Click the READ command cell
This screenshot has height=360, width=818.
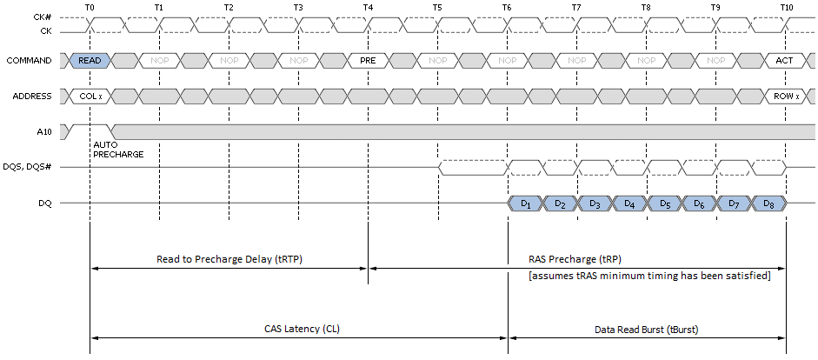(90, 61)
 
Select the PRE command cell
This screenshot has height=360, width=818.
(368, 61)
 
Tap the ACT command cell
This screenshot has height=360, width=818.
(785, 61)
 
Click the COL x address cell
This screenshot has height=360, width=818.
(90, 96)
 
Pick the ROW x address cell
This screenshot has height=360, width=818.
(785, 96)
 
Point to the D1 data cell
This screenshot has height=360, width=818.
(525, 203)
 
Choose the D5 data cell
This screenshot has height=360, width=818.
(664, 203)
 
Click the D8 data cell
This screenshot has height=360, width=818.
(768, 203)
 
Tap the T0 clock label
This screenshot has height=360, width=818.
(90, 7)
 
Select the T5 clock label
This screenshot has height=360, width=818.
(437, 7)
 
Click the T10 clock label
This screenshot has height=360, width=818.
(786, 7)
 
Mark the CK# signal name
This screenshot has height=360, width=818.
(39, 17)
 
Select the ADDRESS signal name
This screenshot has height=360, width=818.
(29, 96)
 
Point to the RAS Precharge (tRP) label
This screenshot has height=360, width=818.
(575, 259)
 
